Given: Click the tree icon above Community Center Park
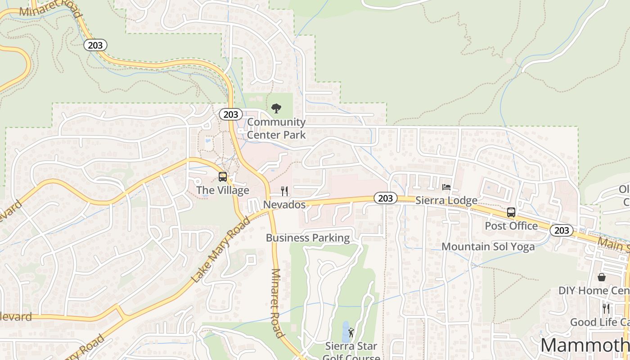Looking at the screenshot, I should [276, 108].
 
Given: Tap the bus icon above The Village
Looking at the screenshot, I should [222, 177].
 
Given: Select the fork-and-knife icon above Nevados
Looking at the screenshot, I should [284, 191].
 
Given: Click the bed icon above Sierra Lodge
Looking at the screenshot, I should [446, 187].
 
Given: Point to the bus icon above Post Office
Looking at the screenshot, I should [511, 212].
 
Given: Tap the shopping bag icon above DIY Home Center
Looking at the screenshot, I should [602, 277].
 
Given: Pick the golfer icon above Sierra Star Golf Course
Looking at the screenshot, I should [351, 333].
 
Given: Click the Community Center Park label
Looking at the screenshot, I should [276, 128].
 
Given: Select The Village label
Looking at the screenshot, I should [223, 190].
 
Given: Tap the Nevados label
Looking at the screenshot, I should [284, 205].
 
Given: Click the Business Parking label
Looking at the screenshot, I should [308, 238].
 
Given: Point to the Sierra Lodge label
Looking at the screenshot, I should [446, 201].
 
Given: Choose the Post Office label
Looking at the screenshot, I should [511, 226].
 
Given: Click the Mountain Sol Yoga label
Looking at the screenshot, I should [488, 247].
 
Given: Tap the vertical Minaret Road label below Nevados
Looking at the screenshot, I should [277, 303].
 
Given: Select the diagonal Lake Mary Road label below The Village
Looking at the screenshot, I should [220, 250].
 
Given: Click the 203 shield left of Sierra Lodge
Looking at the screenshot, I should [385, 198].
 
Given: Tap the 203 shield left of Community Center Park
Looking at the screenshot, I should [231, 115].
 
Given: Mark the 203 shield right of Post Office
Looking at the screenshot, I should [562, 231].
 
